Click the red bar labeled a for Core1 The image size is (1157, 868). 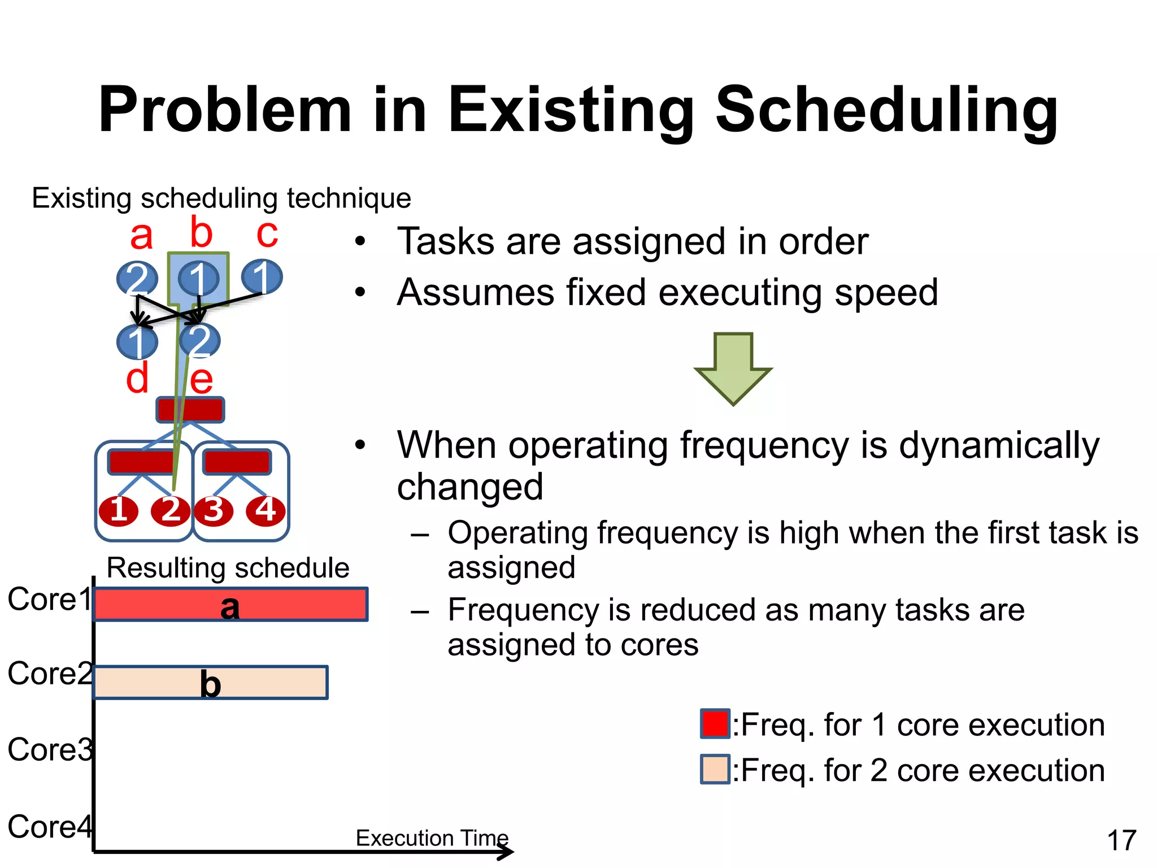click(x=230, y=605)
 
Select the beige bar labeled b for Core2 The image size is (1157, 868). click(x=210, y=683)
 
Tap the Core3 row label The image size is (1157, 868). click(x=50, y=750)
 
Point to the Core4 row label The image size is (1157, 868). click(x=50, y=827)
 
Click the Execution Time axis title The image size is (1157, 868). click(x=432, y=838)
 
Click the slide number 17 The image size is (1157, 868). click(x=1121, y=840)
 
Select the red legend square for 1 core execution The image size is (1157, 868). click(x=715, y=724)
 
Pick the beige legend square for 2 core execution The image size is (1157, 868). click(x=715, y=769)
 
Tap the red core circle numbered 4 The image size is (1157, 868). click(x=266, y=511)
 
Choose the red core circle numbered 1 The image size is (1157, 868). click(x=119, y=511)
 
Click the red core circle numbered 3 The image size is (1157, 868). click(x=214, y=511)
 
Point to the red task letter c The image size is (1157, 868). click(x=267, y=233)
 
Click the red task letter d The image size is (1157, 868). click(x=137, y=378)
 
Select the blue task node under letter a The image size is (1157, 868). click(x=137, y=278)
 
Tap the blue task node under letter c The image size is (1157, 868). click(x=262, y=277)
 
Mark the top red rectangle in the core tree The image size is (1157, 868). click(x=190, y=410)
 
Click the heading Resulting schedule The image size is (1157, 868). click(x=228, y=567)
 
